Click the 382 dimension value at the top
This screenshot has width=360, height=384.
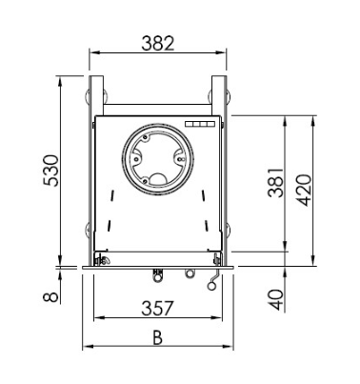158,44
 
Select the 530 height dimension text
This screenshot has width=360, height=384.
51,171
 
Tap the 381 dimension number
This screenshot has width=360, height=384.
275,183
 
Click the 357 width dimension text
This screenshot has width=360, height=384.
158,308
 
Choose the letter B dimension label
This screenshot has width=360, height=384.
157,337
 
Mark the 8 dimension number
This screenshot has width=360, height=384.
51,296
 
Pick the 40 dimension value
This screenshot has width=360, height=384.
276,299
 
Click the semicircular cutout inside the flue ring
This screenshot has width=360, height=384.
157,179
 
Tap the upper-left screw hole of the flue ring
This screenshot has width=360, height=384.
145,138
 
